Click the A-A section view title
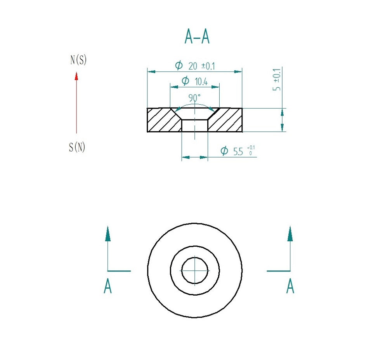click(x=197, y=37)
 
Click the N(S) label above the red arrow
click(x=78, y=60)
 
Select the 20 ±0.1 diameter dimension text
click(x=201, y=66)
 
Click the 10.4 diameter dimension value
click(x=201, y=81)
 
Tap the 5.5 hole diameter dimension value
click(x=238, y=152)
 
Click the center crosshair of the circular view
click(x=195, y=270)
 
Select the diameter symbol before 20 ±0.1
click(x=179, y=66)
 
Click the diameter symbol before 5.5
click(x=224, y=151)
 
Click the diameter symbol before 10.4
click(x=185, y=81)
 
